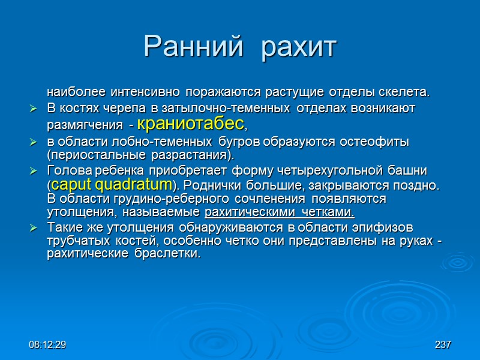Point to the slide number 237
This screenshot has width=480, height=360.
(443, 345)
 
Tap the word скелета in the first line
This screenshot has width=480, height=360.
(405, 92)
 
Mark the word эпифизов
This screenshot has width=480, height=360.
(386, 227)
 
